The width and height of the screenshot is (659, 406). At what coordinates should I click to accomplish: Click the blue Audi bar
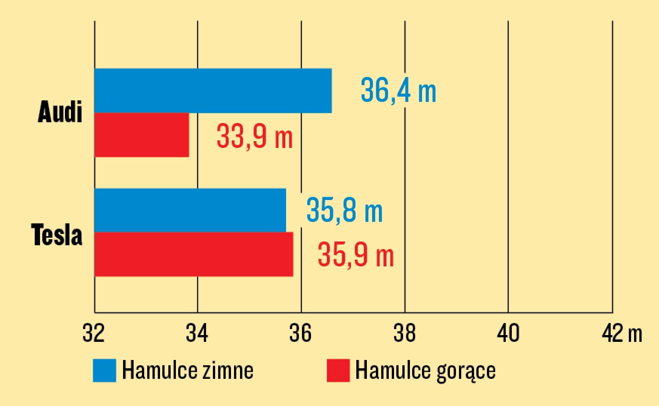pos(213,91)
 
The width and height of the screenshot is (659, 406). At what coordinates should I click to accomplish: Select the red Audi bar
pos(142,135)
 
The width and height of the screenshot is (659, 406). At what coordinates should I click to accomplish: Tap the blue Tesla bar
pos(190,210)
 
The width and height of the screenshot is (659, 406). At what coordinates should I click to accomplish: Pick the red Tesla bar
pos(194,254)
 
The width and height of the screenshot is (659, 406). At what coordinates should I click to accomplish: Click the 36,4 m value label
pos(399,91)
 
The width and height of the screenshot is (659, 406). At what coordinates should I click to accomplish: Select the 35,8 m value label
pos(345,210)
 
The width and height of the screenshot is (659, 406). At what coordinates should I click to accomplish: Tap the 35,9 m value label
pos(356,255)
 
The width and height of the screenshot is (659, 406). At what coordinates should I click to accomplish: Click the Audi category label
pos(60,112)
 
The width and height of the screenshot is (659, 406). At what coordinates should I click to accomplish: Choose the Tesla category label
pos(57,235)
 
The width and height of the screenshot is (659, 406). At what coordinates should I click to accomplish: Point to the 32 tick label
pos(94,333)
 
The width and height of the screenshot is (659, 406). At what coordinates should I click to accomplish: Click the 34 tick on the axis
pos(197,333)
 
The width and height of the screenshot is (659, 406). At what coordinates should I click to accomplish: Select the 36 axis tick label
pos(301,333)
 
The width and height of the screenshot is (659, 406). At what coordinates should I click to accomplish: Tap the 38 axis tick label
pos(405,333)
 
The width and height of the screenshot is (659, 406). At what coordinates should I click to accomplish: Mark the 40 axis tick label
pos(508,333)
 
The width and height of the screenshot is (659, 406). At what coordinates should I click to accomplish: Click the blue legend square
pos(105,370)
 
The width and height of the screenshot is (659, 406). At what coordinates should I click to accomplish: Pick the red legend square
pos(338,370)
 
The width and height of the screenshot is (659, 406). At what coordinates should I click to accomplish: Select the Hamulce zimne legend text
pos(188,370)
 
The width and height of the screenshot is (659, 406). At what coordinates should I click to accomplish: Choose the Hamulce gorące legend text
pos(425,371)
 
